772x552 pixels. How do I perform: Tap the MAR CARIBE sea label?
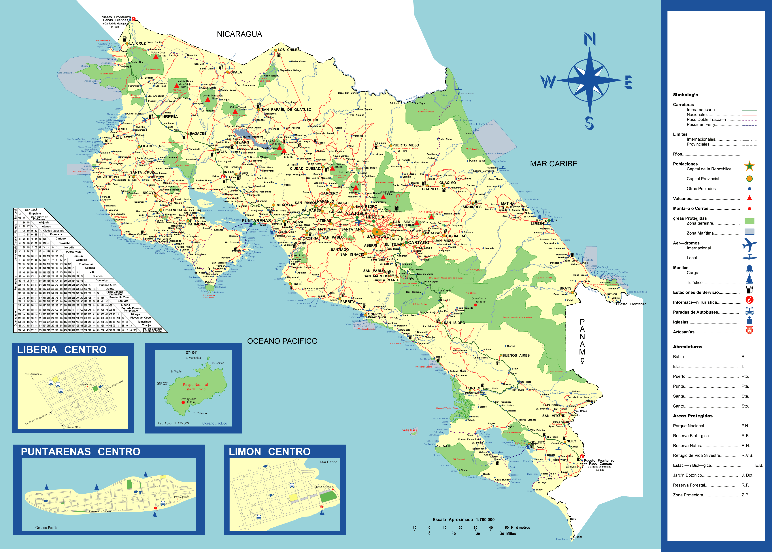point(554,164)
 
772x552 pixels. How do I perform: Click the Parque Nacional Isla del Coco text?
point(195,387)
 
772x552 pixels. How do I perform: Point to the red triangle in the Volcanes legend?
point(749,198)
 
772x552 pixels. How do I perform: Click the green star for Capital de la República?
point(749,166)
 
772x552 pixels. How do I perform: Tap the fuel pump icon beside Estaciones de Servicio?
point(749,289)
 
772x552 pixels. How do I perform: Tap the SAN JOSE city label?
point(378,236)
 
